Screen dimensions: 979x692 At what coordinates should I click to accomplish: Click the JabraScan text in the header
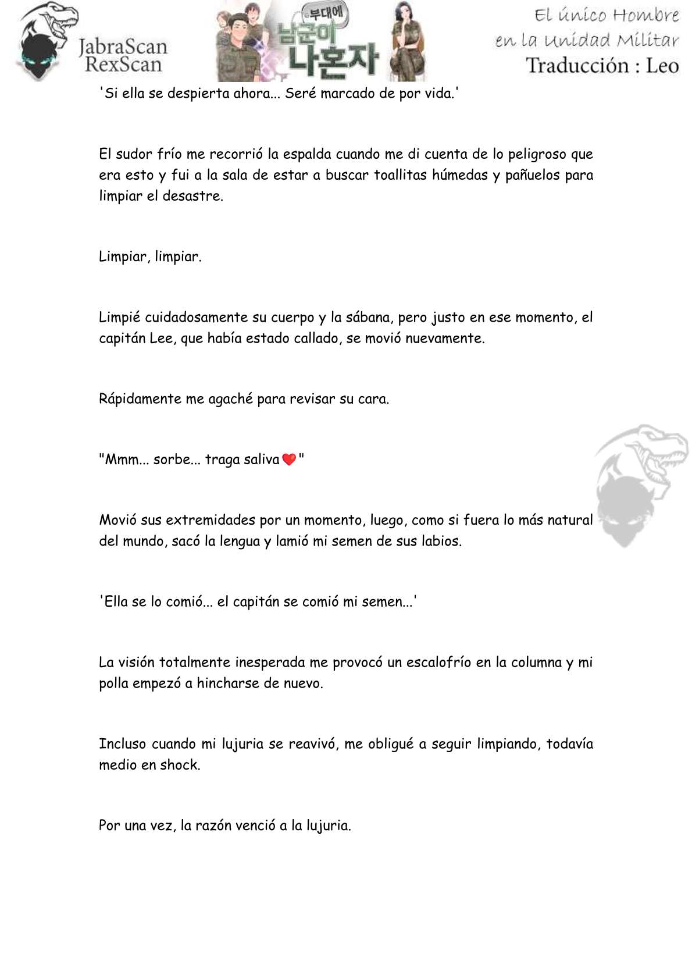pos(123,46)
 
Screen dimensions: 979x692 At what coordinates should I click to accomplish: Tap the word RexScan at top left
pos(123,65)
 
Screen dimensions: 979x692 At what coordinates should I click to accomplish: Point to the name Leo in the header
pos(662,65)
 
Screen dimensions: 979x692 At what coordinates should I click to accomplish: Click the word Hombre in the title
pos(646,15)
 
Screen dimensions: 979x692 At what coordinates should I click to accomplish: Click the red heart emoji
pos(289,460)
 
